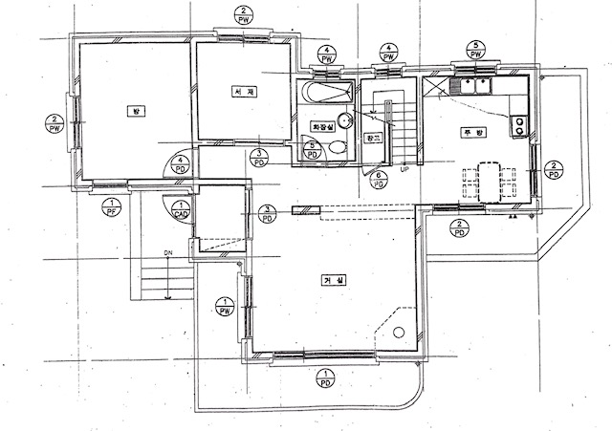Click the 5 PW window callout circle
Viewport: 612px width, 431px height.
tap(474, 51)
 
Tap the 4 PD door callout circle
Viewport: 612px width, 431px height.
tap(179, 164)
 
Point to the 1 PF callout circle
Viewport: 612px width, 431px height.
tap(112, 206)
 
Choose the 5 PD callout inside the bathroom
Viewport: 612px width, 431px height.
tap(312, 149)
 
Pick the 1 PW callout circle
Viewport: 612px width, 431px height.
tap(226, 307)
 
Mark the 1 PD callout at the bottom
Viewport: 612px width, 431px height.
tap(327, 379)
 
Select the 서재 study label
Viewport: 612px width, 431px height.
tap(241, 92)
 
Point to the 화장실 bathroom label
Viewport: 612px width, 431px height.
tap(321, 125)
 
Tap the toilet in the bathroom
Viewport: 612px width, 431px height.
tap(338, 147)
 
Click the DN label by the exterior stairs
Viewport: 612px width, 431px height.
tap(167, 253)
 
